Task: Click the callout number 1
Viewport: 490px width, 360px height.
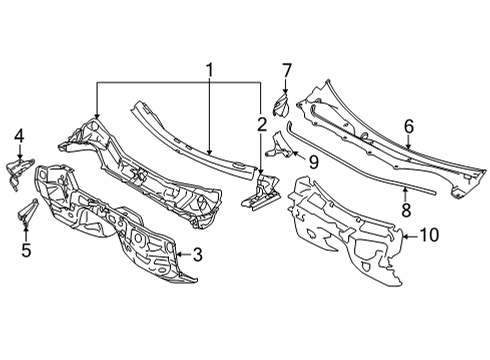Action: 209,71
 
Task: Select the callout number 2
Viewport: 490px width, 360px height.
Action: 262,124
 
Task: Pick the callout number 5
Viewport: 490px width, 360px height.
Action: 26,250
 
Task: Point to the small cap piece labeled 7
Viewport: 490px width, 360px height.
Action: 282,103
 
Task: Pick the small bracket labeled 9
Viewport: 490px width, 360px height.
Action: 280,151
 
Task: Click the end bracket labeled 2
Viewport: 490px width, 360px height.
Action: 258,198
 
